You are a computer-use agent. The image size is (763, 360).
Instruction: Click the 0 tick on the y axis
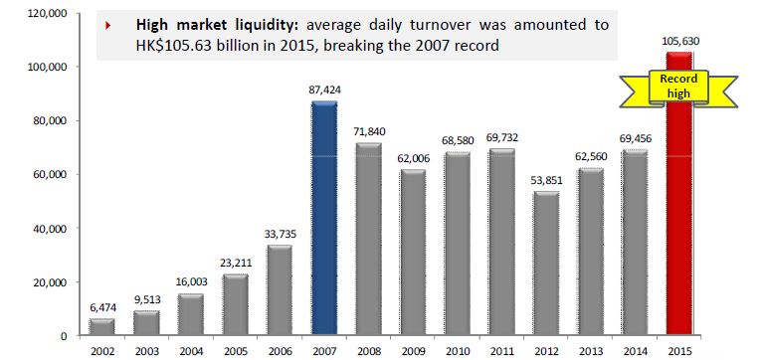point(63,336)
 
